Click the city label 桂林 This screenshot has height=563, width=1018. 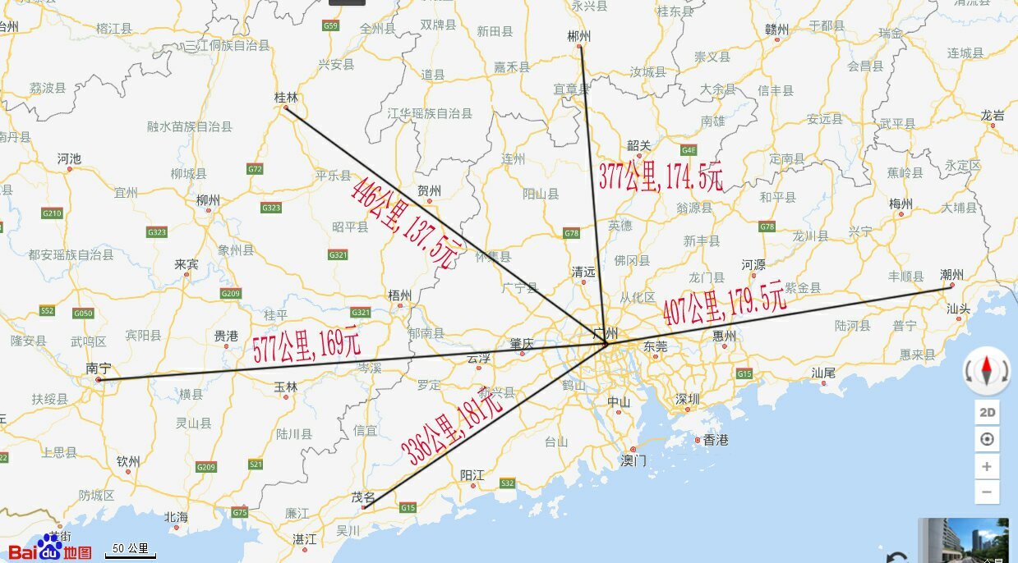pos(286,98)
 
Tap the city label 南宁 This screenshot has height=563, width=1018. pos(98,369)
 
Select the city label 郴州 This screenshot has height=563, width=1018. pos(578,36)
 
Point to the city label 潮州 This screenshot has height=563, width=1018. pos(951,274)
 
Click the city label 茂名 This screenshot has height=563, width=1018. pos(363,497)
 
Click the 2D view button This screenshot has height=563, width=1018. pos(987,412)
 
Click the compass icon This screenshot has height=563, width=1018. pos(987,371)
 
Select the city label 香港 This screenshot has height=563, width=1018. pos(716,441)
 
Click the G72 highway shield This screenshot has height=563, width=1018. pos(255,169)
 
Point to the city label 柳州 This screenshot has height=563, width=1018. pos(208,200)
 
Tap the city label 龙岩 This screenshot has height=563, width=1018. pos(993,116)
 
